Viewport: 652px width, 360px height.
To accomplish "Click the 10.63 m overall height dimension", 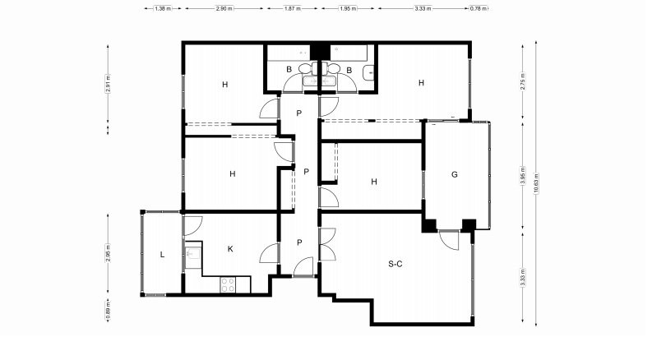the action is click(536, 184).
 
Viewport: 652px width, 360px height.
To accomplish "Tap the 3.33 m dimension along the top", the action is click(423, 8).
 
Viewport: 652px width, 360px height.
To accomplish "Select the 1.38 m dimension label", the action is click(163, 8).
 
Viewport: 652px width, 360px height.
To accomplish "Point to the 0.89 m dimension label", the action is click(108, 309).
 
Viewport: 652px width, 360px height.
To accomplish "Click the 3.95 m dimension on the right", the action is click(523, 175).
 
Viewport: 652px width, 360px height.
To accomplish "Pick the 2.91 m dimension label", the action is click(108, 84).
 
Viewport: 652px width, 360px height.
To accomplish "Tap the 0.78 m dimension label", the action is click(479, 8).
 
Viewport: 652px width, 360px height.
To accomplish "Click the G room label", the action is click(455, 174).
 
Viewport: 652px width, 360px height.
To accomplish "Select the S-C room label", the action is click(395, 264).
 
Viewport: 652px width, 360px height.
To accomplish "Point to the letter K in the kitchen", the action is click(230, 249).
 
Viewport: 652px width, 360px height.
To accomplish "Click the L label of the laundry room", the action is click(162, 255).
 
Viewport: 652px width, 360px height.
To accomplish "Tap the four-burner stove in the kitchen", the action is click(228, 284).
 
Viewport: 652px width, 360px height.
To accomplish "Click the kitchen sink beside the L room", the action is click(193, 253).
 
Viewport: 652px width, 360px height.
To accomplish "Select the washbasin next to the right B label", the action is click(368, 73).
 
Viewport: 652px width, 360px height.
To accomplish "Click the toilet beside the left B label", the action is click(306, 68).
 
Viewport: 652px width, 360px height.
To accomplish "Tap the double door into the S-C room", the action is click(327, 244).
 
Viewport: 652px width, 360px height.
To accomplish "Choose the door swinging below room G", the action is click(449, 240).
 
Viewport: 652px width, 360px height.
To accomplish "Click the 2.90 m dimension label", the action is click(224, 8).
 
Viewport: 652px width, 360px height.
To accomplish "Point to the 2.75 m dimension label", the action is click(523, 81).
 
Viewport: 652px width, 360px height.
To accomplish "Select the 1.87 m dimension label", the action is click(293, 8).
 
